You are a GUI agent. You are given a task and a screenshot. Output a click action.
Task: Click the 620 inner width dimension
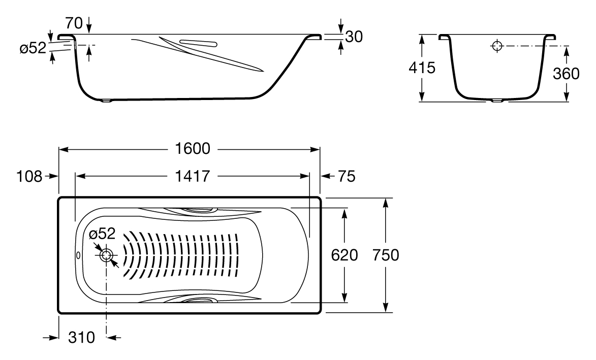[x=345, y=255]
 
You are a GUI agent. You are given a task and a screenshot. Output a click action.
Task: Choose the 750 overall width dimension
[x=385, y=255]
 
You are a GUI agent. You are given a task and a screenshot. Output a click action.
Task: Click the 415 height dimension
[x=422, y=69]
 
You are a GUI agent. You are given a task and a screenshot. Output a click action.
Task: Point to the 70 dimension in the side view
[x=75, y=22]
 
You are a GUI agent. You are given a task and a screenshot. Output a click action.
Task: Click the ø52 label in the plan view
[x=102, y=234]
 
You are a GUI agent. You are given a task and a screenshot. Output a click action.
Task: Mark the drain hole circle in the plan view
[x=106, y=255]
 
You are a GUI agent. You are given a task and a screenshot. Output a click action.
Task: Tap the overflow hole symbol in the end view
[x=497, y=46]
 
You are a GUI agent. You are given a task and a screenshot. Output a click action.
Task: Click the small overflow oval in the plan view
[x=78, y=255]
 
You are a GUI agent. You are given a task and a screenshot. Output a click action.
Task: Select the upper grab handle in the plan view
[x=198, y=209]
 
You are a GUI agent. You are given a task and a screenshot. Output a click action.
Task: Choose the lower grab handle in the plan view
[x=198, y=301]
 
